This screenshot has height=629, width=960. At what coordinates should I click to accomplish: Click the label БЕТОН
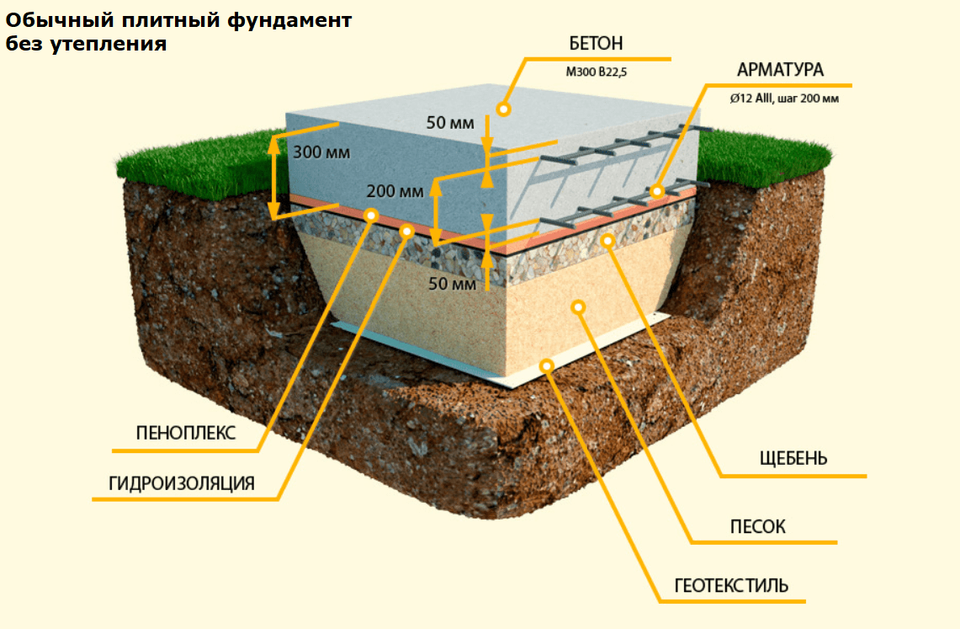coord(596,45)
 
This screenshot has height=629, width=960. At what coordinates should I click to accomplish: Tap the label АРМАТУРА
coord(780,70)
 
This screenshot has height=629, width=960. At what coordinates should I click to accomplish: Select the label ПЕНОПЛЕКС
coord(186,434)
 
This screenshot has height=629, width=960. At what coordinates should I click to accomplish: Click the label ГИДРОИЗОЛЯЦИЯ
coord(182,483)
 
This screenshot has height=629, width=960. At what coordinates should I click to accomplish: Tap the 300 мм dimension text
coord(321,153)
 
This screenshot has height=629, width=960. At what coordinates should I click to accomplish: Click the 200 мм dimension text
coord(395,192)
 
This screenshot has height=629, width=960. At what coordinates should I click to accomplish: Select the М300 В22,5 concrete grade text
coord(597,72)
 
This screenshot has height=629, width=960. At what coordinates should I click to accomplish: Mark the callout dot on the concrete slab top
coord(504,109)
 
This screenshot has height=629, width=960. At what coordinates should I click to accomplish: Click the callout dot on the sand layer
coord(578,307)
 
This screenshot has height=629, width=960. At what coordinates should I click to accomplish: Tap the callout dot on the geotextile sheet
coord(547,365)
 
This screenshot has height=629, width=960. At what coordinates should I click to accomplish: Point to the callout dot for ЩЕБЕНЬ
coord(607,242)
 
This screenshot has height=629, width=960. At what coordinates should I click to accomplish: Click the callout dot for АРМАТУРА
coord(657,192)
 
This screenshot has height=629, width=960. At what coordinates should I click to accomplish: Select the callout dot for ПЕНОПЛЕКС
coord(371,216)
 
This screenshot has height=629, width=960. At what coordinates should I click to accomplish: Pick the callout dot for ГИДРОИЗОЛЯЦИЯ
coord(407,230)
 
